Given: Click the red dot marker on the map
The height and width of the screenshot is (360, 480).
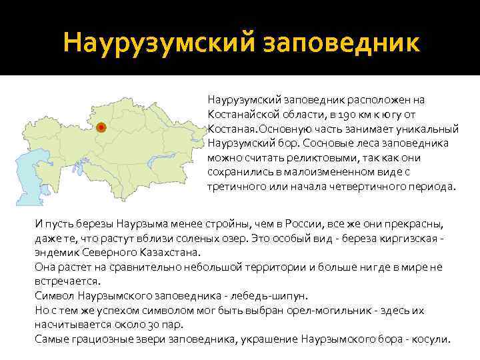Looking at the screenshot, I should [100, 127].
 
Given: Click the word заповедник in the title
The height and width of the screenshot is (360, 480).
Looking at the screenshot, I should [349, 43].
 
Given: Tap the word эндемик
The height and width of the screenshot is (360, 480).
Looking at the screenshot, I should [57, 253].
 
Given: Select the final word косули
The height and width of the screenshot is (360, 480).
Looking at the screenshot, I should [433, 338].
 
